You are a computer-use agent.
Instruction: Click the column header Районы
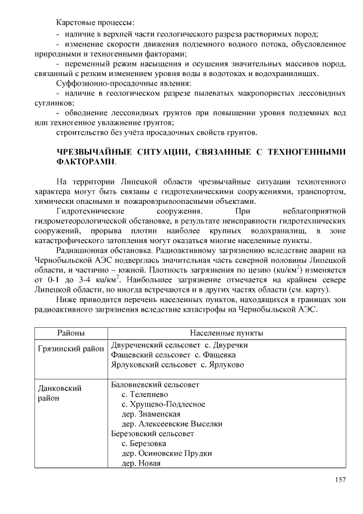(x=71, y=332)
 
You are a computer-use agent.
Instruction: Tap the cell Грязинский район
(x=71, y=348)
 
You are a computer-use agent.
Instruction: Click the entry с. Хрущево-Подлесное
(x=163, y=404)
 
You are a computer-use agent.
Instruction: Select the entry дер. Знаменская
(x=151, y=414)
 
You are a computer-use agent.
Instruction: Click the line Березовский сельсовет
(x=153, y=433)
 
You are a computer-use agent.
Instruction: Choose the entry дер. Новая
(x=141, y=463)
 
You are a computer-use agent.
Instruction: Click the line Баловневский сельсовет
(x=155, y=384)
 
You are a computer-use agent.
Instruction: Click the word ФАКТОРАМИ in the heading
(x=85, y=161)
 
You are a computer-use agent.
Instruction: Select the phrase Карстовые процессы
(x=95, y=23)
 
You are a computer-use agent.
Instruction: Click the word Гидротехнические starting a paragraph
(x=93, y=211)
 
